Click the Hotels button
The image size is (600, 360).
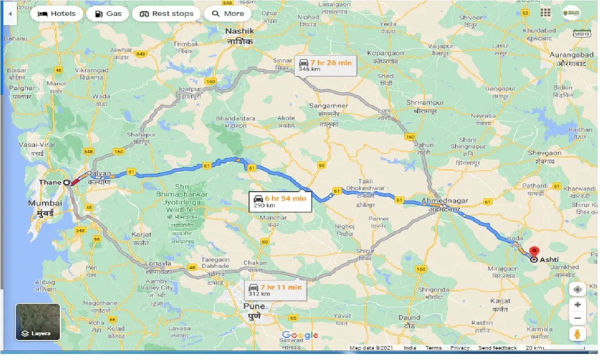pyautogui.click(x=57, y=14)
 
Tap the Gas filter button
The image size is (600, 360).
pyautogui.click(x=108, y=14)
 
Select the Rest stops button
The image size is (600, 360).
pyautogui.click(x=166, y=14)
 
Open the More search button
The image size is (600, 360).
pyautogui.click(x=228, y=14)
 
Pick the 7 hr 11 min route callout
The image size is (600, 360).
pyautogui.click(x=278, y=290)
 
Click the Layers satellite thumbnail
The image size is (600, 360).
pyautogui.click(x=38, y=322)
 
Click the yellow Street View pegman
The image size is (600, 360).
pyautogui.click(x=578, y=334)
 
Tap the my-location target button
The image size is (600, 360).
pyautogui.click(x=578, y=289)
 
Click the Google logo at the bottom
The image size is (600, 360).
pyautogui.click(x=300, y=335)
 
